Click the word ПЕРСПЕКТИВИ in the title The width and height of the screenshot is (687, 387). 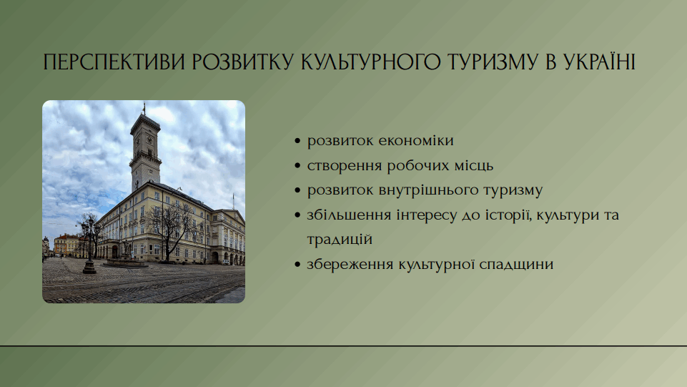(x=114, y=62)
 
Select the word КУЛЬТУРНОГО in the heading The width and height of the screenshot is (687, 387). (x=370, y=62)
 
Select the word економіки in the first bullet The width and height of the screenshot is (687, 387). (x=416, y=141)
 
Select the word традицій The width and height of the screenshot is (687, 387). (x=340, y=240)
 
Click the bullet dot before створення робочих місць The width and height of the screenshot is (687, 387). (x=298, y=166)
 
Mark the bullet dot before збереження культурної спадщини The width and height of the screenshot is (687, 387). (x=298, y=265)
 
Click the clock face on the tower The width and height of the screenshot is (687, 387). (x=149, y=140)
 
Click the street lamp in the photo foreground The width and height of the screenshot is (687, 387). (x=89, y=245)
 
